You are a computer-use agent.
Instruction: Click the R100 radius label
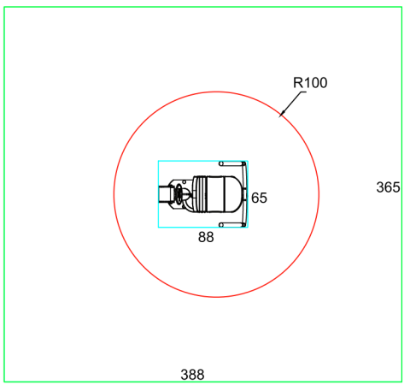point(310,83)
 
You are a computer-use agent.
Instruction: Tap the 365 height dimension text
point(388,187)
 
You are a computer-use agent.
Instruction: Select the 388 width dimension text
point(192,375)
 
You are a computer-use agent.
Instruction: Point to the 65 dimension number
point(259,198)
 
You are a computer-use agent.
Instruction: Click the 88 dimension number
point(206,237)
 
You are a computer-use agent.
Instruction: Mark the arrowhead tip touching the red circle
point(279,117)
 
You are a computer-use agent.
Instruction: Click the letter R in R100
point(298,83)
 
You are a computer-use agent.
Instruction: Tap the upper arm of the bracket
point(231,163)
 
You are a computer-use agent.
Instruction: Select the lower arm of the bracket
point(231,225)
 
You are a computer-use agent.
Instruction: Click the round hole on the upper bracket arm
point(221,163)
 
